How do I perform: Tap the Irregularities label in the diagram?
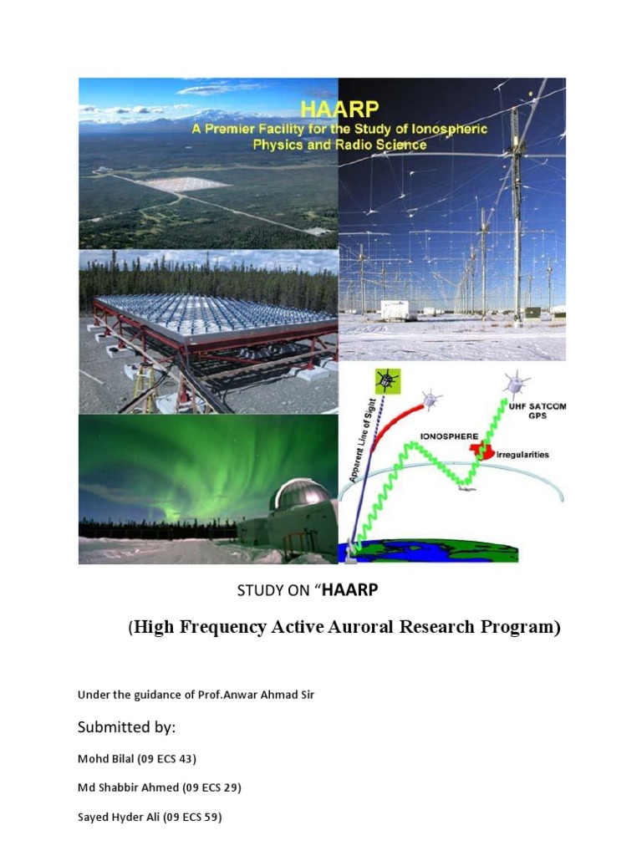(522, 455)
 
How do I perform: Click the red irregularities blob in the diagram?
(478, 451)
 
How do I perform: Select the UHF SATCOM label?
(538, 406)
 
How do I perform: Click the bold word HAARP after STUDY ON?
(350, 590)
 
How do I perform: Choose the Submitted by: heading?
(127, 727)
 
